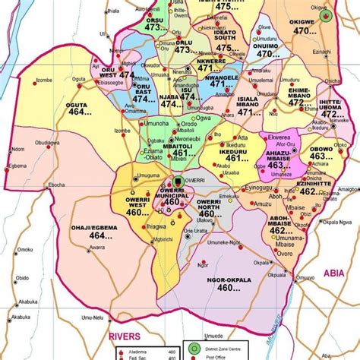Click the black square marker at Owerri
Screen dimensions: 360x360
coord(178,181)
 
